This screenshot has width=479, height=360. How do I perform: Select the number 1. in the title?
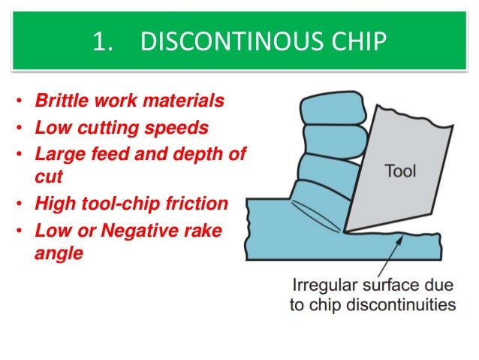(104, 42)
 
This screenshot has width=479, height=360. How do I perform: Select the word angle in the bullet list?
(60, 253)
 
